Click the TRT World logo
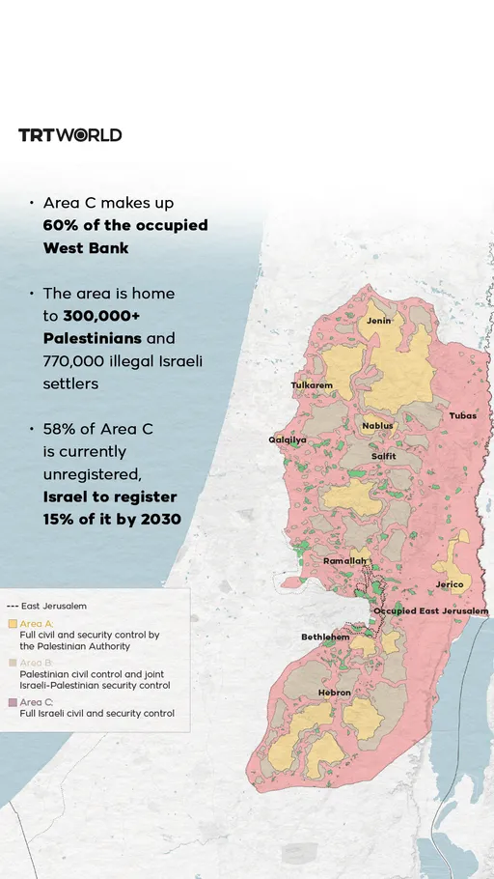70,135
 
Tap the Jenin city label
378,320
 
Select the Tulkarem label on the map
312,385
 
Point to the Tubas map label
462,415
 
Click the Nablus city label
377,426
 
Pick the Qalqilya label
288,439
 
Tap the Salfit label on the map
383,456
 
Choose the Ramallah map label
344,561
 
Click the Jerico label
450,584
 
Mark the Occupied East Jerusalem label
430,611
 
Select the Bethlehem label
325,638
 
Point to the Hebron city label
335,694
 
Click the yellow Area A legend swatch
13,624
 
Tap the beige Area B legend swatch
13,663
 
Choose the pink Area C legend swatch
13,702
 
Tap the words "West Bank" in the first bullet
86,247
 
